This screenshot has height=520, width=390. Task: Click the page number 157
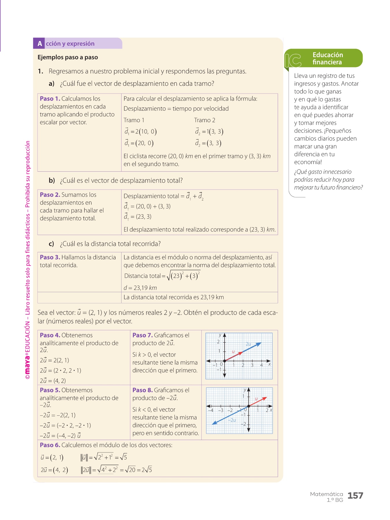pos(355,496)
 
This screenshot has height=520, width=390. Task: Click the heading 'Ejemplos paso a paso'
pos(68,57)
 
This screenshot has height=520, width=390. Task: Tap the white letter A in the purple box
pos(40,44)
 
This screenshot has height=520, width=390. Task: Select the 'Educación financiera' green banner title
pos(328,58)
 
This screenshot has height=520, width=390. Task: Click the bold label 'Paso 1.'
pos(50,99)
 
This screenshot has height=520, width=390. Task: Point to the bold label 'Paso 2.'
pos(50,195)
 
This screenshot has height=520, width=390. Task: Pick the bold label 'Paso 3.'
pos(50,257)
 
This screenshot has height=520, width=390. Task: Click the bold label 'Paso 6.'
pos(50,445)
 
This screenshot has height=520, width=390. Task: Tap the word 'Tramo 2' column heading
pos(205,120)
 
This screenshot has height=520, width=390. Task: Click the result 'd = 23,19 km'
pos(140,288)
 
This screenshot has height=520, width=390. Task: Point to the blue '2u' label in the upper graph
pos(248,344)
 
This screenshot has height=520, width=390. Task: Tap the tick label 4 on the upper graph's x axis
pos(261,365)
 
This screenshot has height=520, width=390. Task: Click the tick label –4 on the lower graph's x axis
pos(211,410)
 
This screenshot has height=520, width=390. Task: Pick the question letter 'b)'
pos(52,181)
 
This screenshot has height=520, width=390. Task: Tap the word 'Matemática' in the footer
pos(326,494)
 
